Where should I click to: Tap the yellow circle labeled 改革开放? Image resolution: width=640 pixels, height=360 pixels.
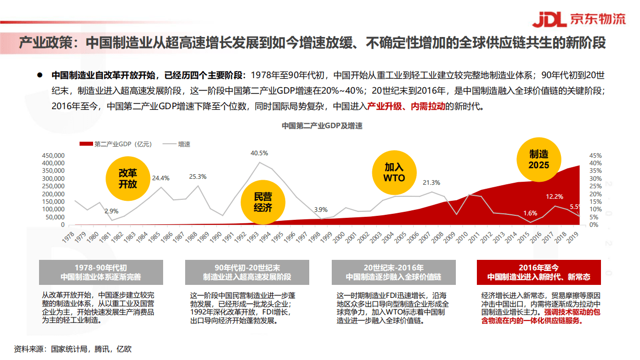(x=128, y=178)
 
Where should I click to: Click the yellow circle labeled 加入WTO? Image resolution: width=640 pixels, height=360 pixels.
(x=394, y=172)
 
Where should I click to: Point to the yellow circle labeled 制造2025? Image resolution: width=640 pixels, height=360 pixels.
(x=539, y=160)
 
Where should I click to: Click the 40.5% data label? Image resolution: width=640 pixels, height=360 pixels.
(x=259, y=153)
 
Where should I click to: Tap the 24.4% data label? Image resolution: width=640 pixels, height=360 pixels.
(x=161, y=178)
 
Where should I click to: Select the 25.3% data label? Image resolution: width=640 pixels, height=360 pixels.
(x=198, y=176)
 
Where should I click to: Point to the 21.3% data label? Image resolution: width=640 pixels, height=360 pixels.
(x=431, y=182)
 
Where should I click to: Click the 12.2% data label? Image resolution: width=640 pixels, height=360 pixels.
(x=554, y=196)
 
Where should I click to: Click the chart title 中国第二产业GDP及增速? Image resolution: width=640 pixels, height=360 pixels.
(x=322, y=126)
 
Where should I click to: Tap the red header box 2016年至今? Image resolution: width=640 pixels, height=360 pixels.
(x=538, y=272)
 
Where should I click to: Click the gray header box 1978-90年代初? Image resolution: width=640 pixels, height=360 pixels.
(x=101, y=272)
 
